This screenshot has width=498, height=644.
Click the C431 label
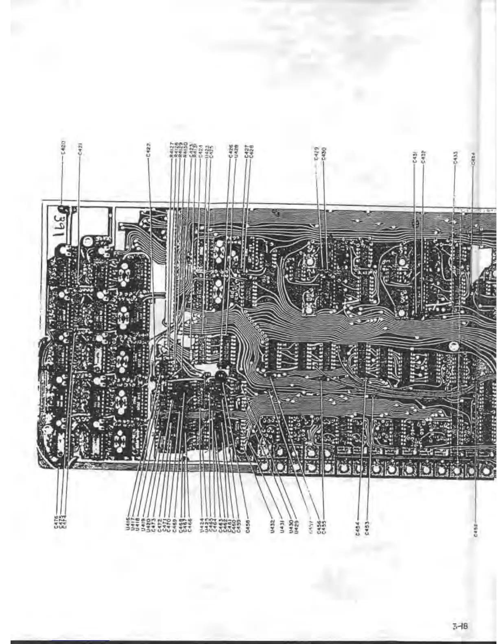[414, 157]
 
